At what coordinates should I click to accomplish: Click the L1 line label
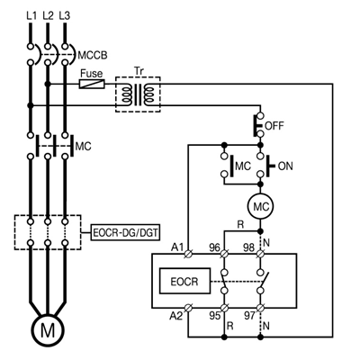31,15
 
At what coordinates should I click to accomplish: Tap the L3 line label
65,15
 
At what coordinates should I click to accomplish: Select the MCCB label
93,56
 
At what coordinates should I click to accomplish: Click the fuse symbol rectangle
92,84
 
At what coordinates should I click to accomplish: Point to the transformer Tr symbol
138,94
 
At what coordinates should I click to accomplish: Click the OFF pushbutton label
274,126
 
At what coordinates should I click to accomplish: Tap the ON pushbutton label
285,166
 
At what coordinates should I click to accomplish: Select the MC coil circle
260,206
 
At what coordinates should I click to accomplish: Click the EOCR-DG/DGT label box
125,233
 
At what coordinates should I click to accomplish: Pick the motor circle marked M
48,330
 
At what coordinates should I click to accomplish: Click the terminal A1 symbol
188,254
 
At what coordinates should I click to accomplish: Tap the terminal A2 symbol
188,308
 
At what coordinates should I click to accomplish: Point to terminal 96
224,254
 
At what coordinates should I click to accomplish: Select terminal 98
260,254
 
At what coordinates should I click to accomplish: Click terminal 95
224,308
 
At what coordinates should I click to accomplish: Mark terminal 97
260,308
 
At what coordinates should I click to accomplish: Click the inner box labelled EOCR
184,281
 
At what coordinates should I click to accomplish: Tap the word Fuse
92,74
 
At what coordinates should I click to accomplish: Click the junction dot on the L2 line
48,84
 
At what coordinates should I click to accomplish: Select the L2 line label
48,15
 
